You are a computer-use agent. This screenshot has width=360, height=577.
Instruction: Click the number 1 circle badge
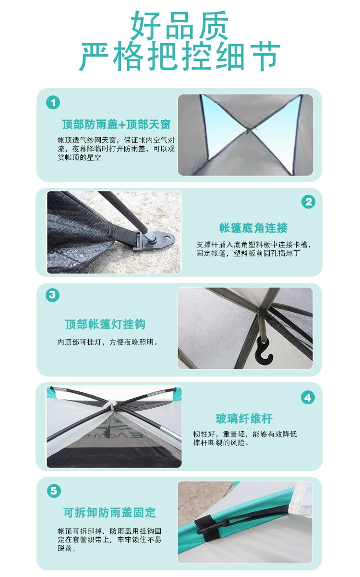(53, 103)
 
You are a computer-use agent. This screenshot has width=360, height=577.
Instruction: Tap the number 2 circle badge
(309, 202)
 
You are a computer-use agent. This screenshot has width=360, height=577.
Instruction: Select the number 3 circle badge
(53, 294)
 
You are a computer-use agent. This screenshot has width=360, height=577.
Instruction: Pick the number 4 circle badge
(308, 398)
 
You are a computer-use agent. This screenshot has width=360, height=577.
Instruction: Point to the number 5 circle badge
(54, 491)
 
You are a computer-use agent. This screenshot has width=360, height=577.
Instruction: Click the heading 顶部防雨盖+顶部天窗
(116, 124)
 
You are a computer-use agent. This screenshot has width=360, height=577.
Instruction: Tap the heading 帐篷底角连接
(253, 228)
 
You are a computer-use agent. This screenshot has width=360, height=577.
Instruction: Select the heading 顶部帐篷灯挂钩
(105, 324)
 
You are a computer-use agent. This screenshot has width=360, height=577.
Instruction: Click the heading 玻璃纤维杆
(244, 419)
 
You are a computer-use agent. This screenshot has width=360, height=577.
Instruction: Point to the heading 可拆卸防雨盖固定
(110, 512)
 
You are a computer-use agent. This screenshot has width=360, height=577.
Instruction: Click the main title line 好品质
(180, 25)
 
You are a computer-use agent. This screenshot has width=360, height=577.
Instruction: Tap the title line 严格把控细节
(180, 56)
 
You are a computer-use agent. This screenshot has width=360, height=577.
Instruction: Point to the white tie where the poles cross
(111, 405)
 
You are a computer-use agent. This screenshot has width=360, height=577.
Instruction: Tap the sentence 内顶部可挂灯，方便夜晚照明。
(108, 342)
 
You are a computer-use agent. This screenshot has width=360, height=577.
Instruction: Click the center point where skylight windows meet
(248, 131)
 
